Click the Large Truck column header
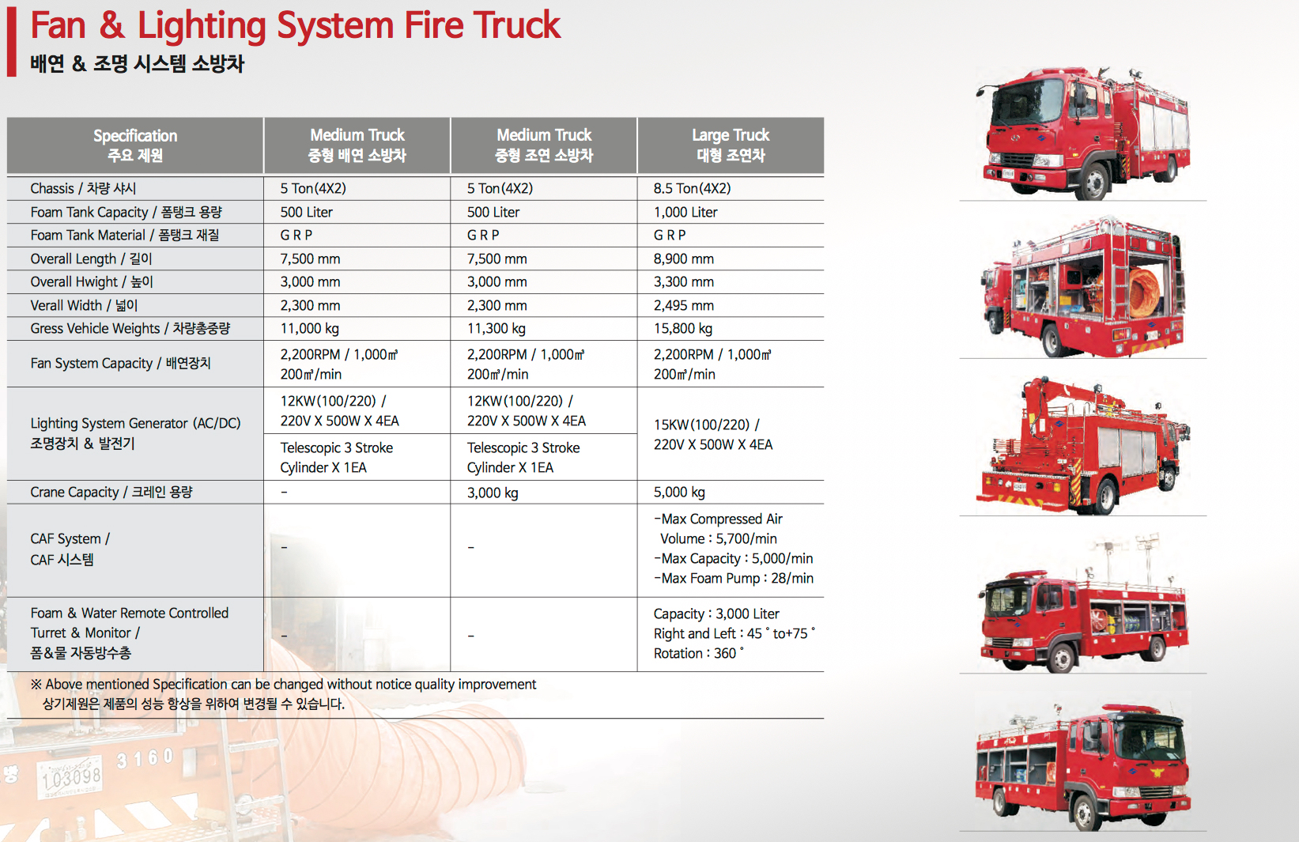[731, 145]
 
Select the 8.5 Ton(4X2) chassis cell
[692, 188]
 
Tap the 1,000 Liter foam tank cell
[685, 212]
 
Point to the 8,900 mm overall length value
[683, 259]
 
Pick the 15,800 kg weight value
[682, 328]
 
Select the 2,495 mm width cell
[683, 305]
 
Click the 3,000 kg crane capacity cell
[493, 493]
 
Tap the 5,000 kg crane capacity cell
[679, 492]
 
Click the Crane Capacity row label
[111, 492]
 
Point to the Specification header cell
[135, 145]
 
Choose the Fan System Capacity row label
[120, 363]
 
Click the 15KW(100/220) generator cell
[712, 434]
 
